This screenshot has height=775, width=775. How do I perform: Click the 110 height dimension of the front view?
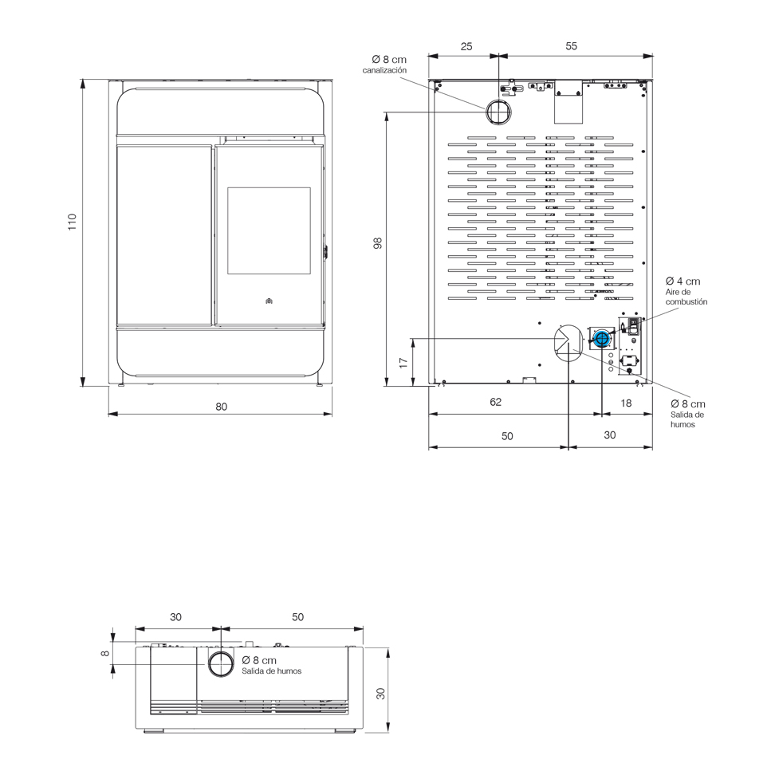[x=73, y=222]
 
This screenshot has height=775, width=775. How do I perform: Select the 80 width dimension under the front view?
[x=222, y=407]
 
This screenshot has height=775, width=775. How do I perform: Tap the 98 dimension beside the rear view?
[x=378, y=243]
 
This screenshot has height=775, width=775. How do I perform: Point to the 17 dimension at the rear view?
[x=403, y=363]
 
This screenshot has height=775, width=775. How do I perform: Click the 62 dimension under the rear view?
[x=496, y=403]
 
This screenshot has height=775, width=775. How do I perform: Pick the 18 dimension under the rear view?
[x=626, y=403]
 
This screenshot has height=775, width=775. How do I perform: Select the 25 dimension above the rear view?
[x=466, y=46]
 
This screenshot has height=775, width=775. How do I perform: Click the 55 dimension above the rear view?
[x=571, y=46]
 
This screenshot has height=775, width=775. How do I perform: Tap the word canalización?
[x=384, y=70]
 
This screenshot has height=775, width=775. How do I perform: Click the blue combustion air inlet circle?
[x=601, y=339]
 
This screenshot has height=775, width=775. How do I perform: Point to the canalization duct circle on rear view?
[x=498, y=112]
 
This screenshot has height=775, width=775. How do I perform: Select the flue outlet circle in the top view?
[x=221, y=664]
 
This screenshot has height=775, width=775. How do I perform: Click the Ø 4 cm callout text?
[x=683, y=281]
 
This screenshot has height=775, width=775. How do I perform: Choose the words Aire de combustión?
[x=686, y=297]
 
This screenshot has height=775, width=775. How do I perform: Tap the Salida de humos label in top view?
[x=271, y=671]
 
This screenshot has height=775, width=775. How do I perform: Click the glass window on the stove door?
[x=269, y=230]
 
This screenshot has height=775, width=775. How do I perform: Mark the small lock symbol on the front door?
[x=269, y=301]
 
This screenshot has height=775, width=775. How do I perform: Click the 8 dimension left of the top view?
[x=104, y=654]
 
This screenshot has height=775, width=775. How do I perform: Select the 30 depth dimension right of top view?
[x=380, y=694]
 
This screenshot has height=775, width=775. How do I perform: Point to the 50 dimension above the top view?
[x=297, y=617]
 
